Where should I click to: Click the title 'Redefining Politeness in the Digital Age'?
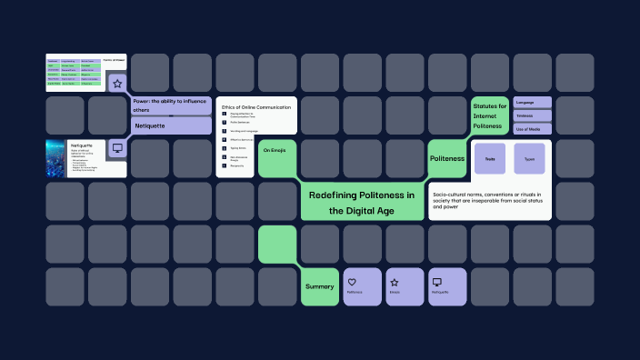pyautogui.click(x=362, y=202)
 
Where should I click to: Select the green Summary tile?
pyautogui.click(x=319, y=286)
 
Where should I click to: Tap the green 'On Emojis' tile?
pyautogui.click(x=276, y=150)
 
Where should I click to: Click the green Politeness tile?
pyautogui.click(x=446, y=158)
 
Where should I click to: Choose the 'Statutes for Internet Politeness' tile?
pyautogui.click(x=489, y=115)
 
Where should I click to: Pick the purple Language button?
pyautogui.click(x=532, y=103)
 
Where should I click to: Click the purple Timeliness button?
pyautogui.click(x=532, y=115)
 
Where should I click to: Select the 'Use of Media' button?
pyautogui.click(x=532, y=128)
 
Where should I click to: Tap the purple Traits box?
pyautogui.click(x=490, y=158)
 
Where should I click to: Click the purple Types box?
pyautogui.click(x=529, y=158)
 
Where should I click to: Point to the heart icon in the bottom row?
pyautogui.click(x=352, y=282)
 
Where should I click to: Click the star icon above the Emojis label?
pyautogui.click(x=395, y=282)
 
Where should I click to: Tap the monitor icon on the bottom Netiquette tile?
pyautogui.click(x=436, y=282)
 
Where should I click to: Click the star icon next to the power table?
pyautogui.click(x=116, y=84)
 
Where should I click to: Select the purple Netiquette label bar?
pyautogui.click(x=171, y=125)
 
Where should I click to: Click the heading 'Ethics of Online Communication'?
pyautogui.click(x=256, y=107)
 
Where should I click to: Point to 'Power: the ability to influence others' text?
pyautogui.click(x=169, y=105)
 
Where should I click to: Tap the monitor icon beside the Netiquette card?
pyautogui.click(x=116, y=147)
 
